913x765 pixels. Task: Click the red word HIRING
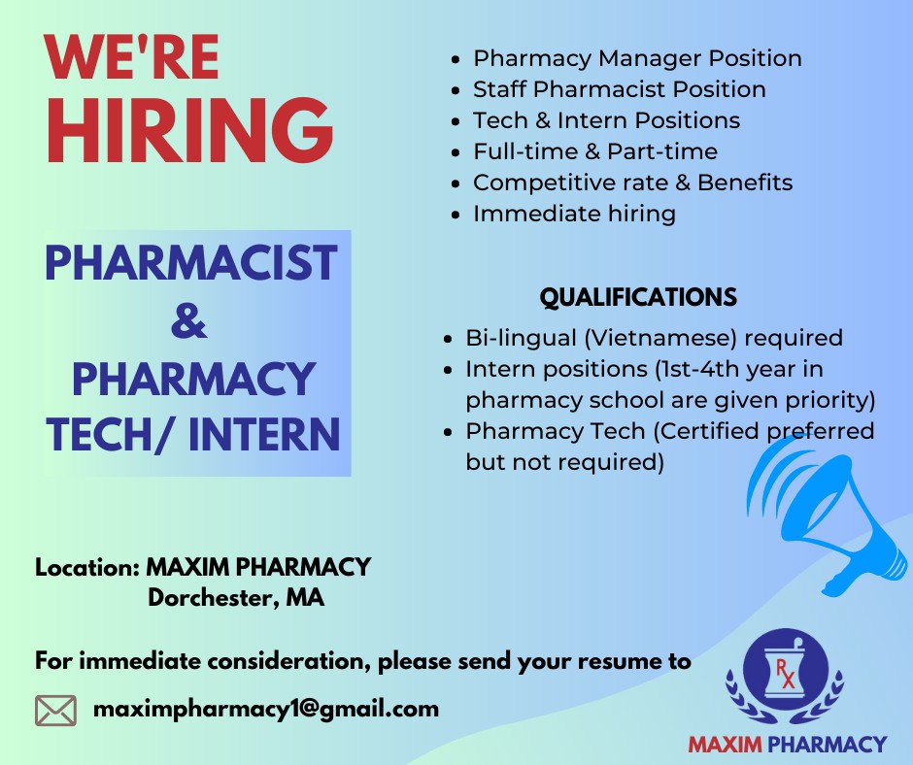click(190, 130)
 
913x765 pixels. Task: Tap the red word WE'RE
click(131, 57)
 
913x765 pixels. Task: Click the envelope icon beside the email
click(56, 711)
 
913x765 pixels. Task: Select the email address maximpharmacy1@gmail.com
click(266, 710)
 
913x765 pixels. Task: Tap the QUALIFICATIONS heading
click(638, 297)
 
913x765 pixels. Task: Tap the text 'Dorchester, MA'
click(236, 598)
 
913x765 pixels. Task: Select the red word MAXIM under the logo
click(725, 744)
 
